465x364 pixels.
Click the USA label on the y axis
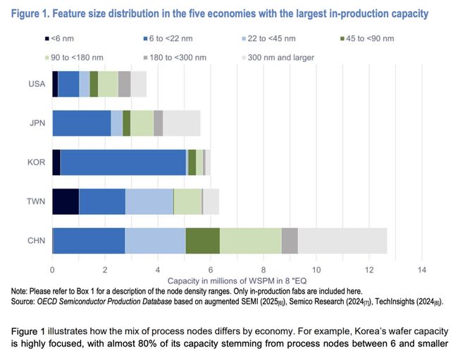pyautogui.click(x=37, y=84)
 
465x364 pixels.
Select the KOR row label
pyautogui.click(x=37, y=162)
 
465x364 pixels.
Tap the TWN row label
pyautogui.click(x=37, y=201)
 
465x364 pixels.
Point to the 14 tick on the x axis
pyautogui.click(x=421, y=270)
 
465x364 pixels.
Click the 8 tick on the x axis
pyautogui.click(x=263, y=270)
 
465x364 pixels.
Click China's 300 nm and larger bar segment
pyautogui.click(x=342, y=241)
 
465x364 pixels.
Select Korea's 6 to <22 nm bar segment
pyautogui.click(x=123, y=162)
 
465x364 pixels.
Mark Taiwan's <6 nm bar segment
pyautogui.click(x=66, y=201)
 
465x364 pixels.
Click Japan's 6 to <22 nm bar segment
pyautogui.click(x=82, y=123)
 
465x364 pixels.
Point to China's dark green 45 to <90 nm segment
pyautogui.click(x=203, y=241)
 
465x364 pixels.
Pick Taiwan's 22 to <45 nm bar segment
pyautogui.click(x=149, y=201)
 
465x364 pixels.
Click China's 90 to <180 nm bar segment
pyautogui.click(x=251, y=241)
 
